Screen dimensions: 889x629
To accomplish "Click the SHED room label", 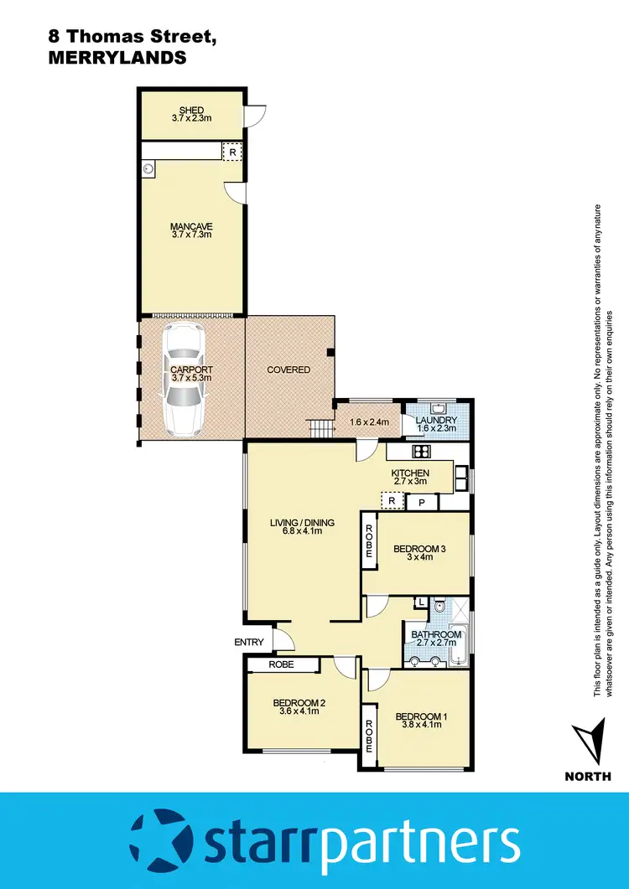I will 191,110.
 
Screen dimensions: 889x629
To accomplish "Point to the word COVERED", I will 289,370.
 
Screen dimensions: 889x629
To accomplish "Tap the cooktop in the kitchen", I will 420,452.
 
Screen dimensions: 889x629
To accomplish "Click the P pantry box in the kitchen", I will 423,503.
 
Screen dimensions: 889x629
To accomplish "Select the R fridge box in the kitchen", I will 392,501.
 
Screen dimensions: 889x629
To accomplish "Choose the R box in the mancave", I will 232,152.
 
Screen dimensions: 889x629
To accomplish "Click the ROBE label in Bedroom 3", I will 368,544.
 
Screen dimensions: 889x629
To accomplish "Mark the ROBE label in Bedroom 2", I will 282,664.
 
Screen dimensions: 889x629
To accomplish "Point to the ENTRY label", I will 250,643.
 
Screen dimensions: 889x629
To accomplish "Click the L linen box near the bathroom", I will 421,602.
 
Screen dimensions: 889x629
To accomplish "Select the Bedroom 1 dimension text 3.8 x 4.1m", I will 418,726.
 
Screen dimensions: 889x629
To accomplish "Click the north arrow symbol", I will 587,739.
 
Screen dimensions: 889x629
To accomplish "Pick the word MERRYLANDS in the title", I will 114,59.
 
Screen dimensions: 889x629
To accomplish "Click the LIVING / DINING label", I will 302,523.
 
